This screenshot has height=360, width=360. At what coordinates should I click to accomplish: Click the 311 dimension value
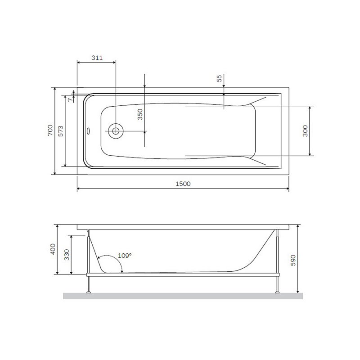[x=97, y=58]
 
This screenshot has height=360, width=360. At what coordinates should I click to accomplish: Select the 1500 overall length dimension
[x=183, y=184]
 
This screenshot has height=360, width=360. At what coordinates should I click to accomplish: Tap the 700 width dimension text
[x=50, y=130]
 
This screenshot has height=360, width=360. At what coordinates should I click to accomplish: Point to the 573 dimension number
[x=61, y=130]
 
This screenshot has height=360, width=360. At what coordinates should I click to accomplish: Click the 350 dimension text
[x=140, y=114]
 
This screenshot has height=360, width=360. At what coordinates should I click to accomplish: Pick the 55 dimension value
[x=219, y=78]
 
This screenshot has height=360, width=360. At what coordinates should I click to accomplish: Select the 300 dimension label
[x=306, y=131]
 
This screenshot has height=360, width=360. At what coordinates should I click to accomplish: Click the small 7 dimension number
[x=69, y=100]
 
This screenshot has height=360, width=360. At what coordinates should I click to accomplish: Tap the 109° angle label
[x=125, y=256]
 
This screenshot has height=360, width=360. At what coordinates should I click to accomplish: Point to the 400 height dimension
[x=53, y=249]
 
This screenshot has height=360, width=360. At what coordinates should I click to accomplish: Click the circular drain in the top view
[x=116, y=131]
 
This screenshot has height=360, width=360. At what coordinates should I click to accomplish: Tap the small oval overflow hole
[x=88, y=132]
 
